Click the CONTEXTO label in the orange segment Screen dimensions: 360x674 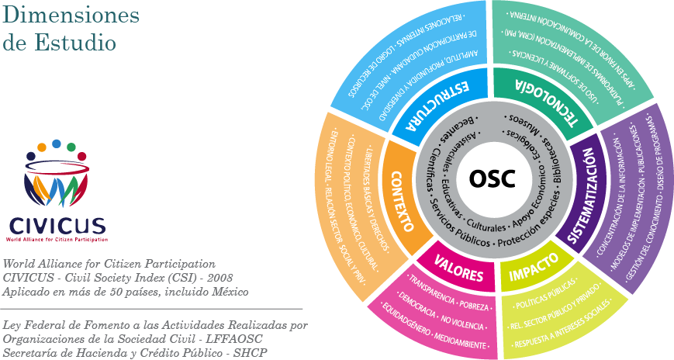point(403,201)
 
